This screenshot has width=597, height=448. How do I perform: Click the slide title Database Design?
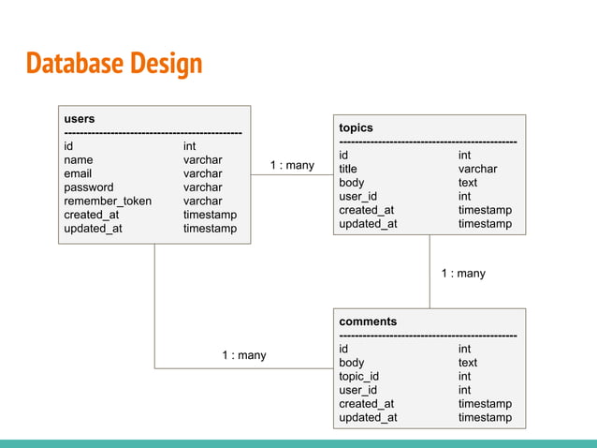click(x=113, y=63)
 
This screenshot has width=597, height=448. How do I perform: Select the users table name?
click(x=79, y=119)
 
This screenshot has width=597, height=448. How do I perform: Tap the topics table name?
click(x=356, y=127)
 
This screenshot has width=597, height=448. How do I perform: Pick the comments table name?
click(x=368, y=321)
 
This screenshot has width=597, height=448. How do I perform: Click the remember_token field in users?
click(x=108, y=201)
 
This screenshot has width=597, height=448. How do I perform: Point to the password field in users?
click(x=88, y=187)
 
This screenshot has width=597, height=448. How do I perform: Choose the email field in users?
click(x=78, y=173)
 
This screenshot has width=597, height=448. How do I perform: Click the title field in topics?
click(x=348, y=169)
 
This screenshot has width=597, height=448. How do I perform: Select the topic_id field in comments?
click(x=359, y=377)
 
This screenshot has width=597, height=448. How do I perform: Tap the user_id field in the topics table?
click(x=357, y=197)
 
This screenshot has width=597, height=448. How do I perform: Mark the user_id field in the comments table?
click(x=357, y=390)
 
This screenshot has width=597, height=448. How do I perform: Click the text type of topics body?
click(x=468, y=183)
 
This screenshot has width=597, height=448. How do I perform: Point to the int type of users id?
click(x=189, y=146)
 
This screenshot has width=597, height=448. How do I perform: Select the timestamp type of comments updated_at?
click(x=485, y=417)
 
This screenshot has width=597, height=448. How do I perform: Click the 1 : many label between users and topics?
click(x=292, y=166)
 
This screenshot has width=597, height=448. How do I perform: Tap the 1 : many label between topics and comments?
click(x=463, y=274)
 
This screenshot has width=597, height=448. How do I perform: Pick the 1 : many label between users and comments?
click(x=243, y=355)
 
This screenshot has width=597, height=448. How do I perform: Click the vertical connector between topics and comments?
click(x=430, y=272)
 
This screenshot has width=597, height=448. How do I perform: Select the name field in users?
click(x=78, y=160)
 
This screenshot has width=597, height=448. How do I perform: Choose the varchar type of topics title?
click(x=477, y=169)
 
